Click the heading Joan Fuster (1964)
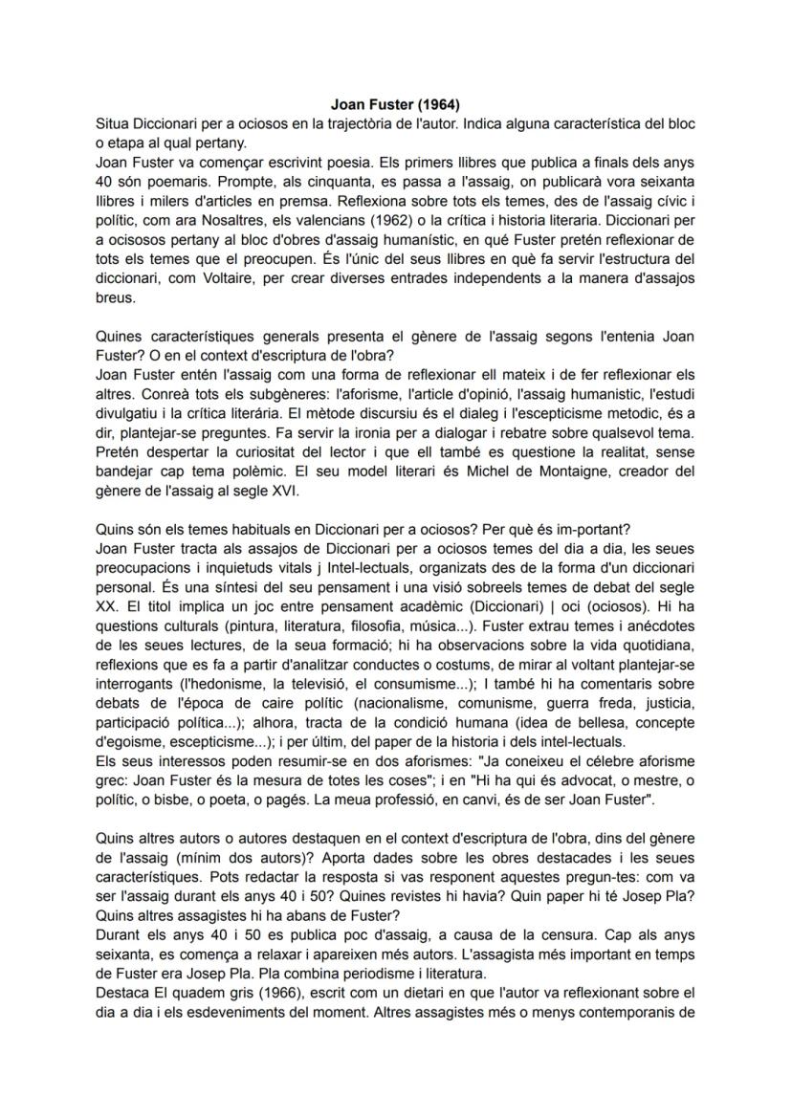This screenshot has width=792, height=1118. [x=395, y=104]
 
